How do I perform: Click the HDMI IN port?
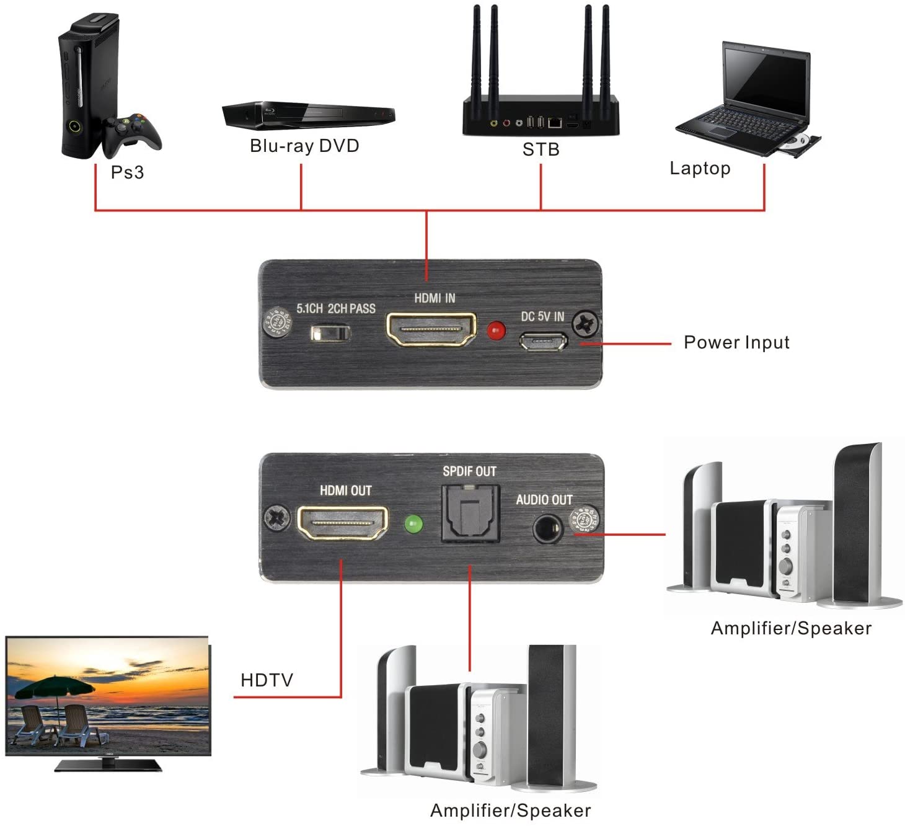pos(431,329)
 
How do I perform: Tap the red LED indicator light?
pos(495,331)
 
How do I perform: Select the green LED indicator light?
pos(413,525)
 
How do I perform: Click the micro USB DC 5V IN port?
pos(543,341)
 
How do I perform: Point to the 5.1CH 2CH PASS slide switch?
pos(330,334)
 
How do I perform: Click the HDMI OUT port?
pos(343,523)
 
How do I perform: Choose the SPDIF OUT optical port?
pos(469,513)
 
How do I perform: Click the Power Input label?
pos(736,342)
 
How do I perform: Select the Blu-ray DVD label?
pos(304,146)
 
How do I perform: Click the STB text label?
pos(541,149)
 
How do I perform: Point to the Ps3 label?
pos(127,172)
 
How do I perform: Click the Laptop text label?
pos(700,168)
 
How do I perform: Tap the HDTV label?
pos(267,680)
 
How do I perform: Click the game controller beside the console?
pos(133,133)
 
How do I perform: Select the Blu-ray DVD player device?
pos(308,115)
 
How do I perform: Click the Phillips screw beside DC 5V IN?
pos(585,323)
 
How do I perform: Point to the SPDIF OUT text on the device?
pos(469,471)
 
